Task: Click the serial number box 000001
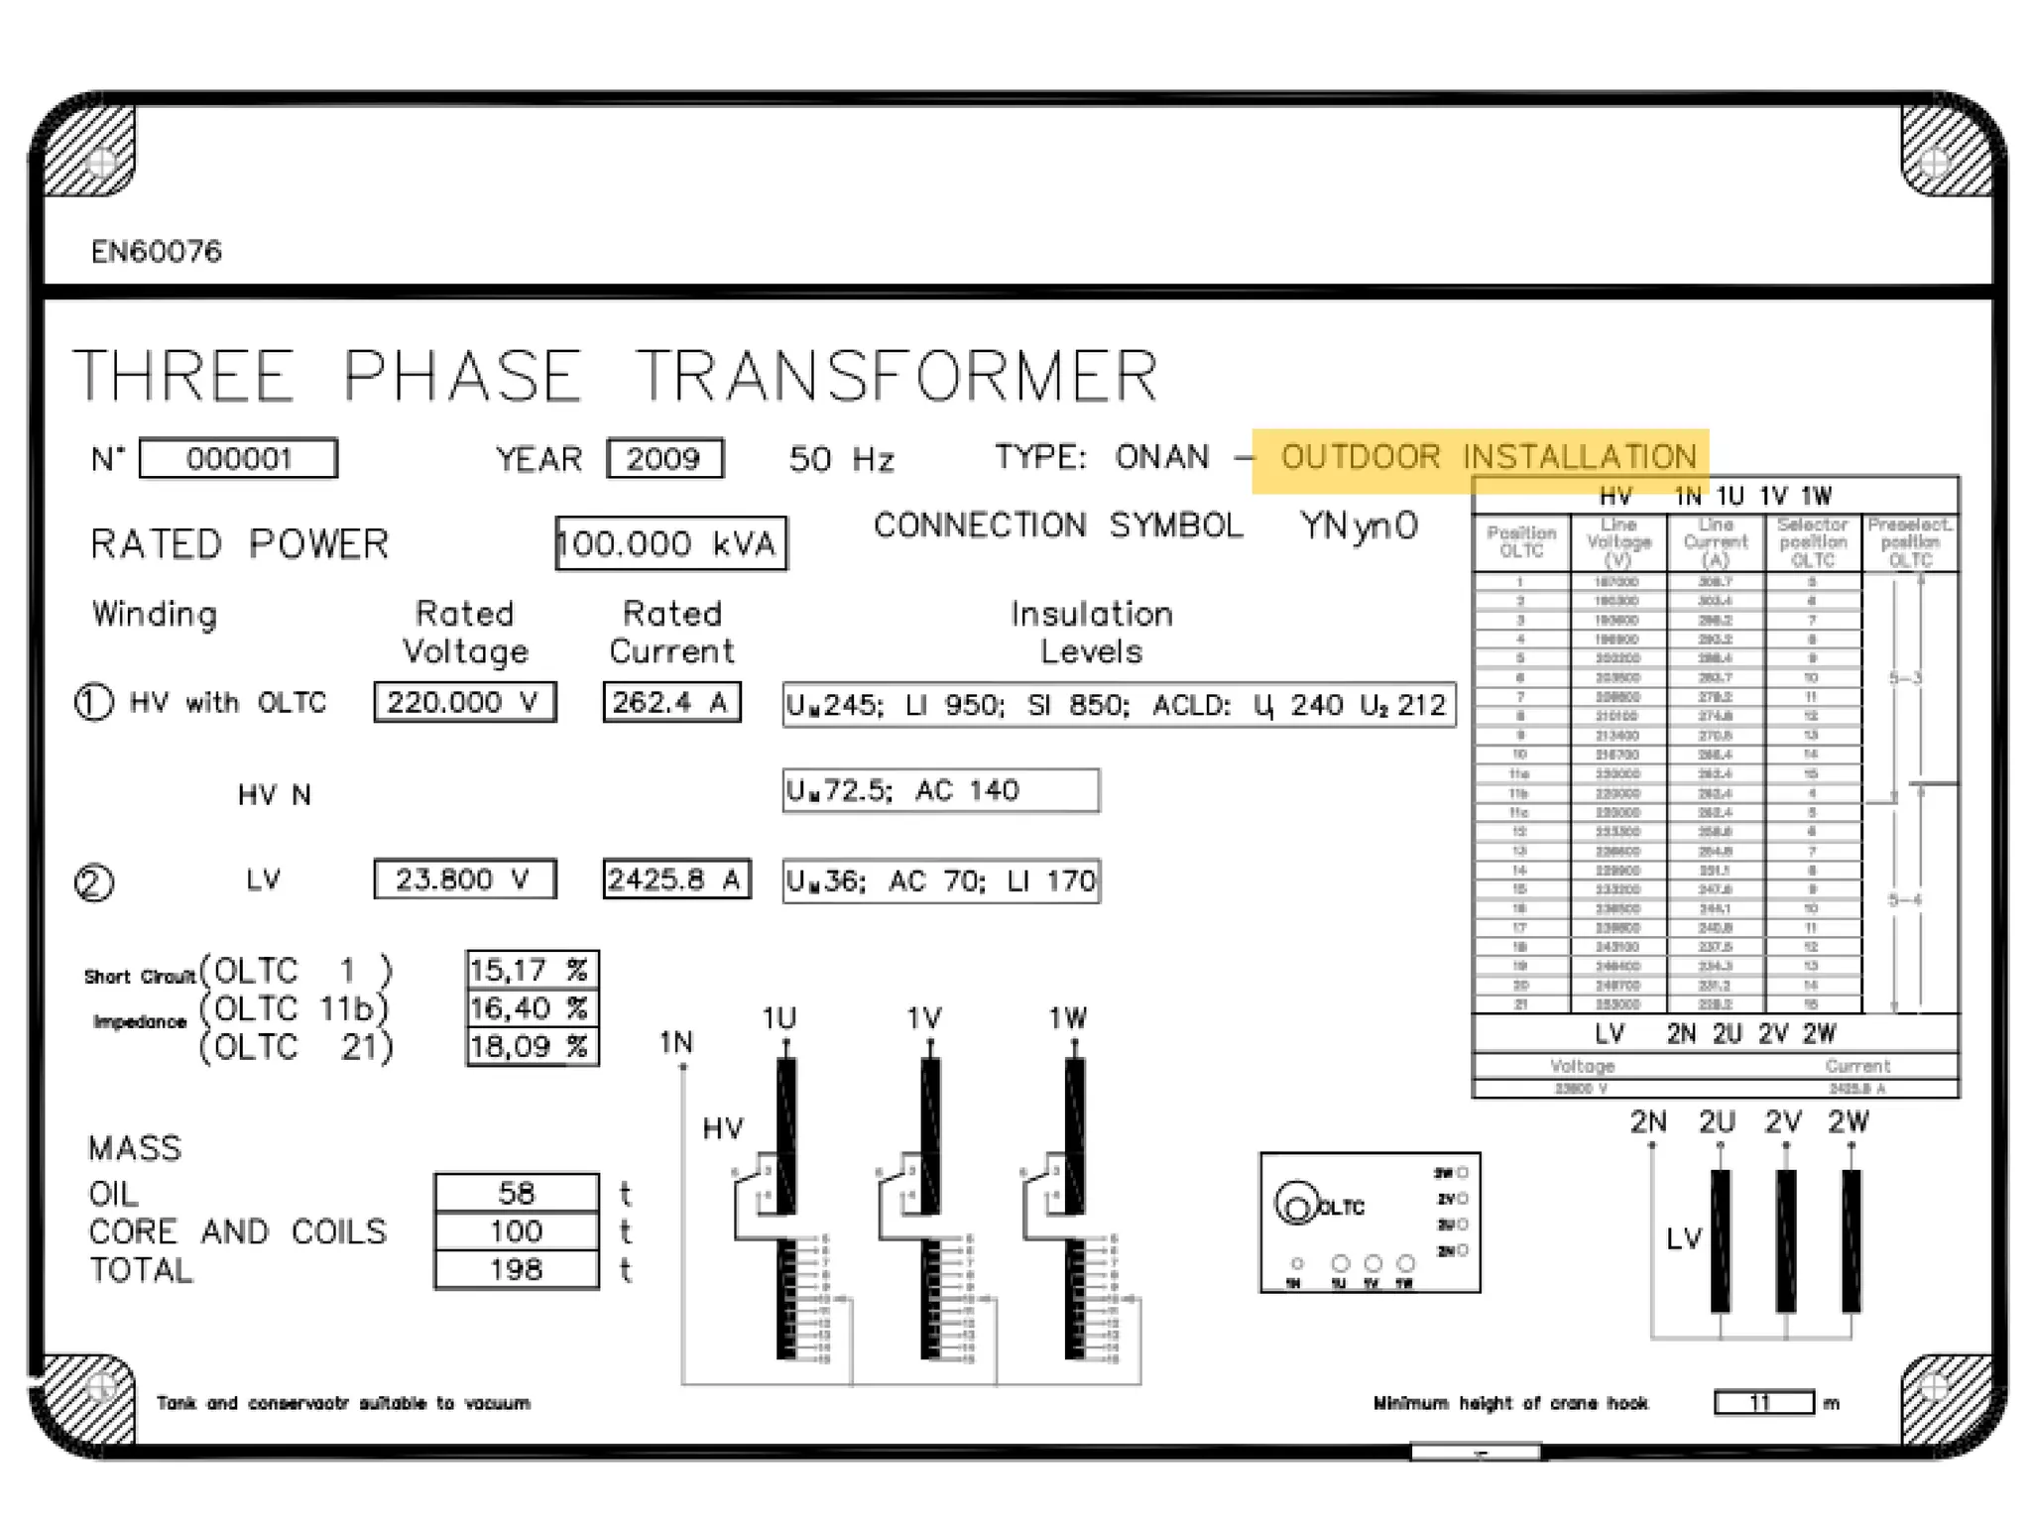238,459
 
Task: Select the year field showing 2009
664,459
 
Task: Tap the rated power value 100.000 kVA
670,543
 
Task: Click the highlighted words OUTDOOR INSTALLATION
1488,457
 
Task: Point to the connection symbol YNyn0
1359,526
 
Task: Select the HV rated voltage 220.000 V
464,702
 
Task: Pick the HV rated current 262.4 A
671,702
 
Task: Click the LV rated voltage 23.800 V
464,879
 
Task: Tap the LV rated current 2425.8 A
675,879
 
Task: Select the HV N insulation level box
940,790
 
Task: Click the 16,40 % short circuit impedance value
532,1008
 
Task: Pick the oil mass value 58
517,1193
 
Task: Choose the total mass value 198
517,1270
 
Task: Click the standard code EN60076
157,252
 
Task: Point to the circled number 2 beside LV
94,882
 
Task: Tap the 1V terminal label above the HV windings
923,1018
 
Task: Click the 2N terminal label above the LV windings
1648,1122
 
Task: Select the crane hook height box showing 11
1763,1403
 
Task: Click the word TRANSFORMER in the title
896,376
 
